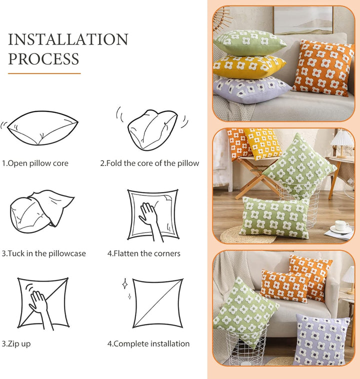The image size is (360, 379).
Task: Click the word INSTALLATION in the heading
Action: [x=68, y=39]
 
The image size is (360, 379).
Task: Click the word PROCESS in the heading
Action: [x=44, y=58]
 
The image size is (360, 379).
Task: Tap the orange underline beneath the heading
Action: [x=44, y=73]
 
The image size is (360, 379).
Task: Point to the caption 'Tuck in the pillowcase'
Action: [x=43, y=253]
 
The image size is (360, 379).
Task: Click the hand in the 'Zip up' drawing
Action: [x=40, y=309]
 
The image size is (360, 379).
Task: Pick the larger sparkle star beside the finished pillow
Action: [x=125, y=284]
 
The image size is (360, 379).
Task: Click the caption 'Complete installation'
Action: [x=148, y=343]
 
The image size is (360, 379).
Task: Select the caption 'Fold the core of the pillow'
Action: [x=149, y=163]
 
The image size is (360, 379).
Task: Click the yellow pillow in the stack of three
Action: [x=249, y=65]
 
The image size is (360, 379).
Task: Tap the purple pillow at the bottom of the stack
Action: [x=251, y=89]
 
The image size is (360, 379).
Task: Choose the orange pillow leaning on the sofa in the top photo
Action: [x=323, y=68]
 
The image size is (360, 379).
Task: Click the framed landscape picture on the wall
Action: [x=303, y=20]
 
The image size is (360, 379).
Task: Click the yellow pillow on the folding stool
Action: [x=262, y=143]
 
